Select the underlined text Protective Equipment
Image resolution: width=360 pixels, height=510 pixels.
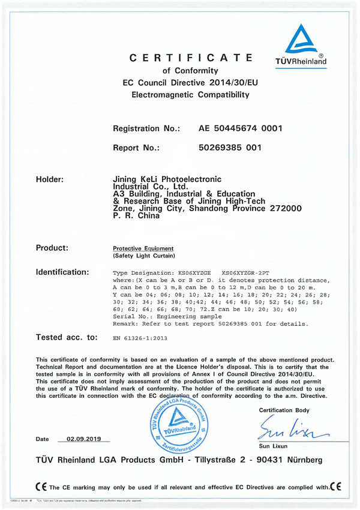pos(143,248)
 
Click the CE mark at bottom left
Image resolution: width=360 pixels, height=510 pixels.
pos(40,484)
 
